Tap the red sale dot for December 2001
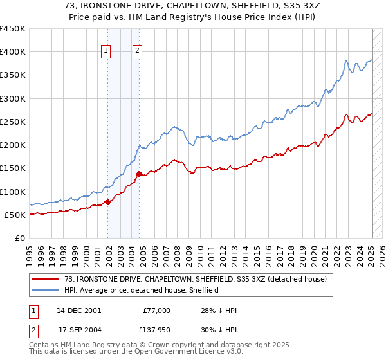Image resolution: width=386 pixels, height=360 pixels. tap(107, 202)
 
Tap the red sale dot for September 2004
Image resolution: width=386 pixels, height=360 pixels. tap(139, 174)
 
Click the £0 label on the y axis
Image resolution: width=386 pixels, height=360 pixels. tap(19, 238)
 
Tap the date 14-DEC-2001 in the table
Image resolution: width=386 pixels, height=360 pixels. tap(78, 310)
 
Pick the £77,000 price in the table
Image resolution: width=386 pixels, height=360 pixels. tap(156, 310)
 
